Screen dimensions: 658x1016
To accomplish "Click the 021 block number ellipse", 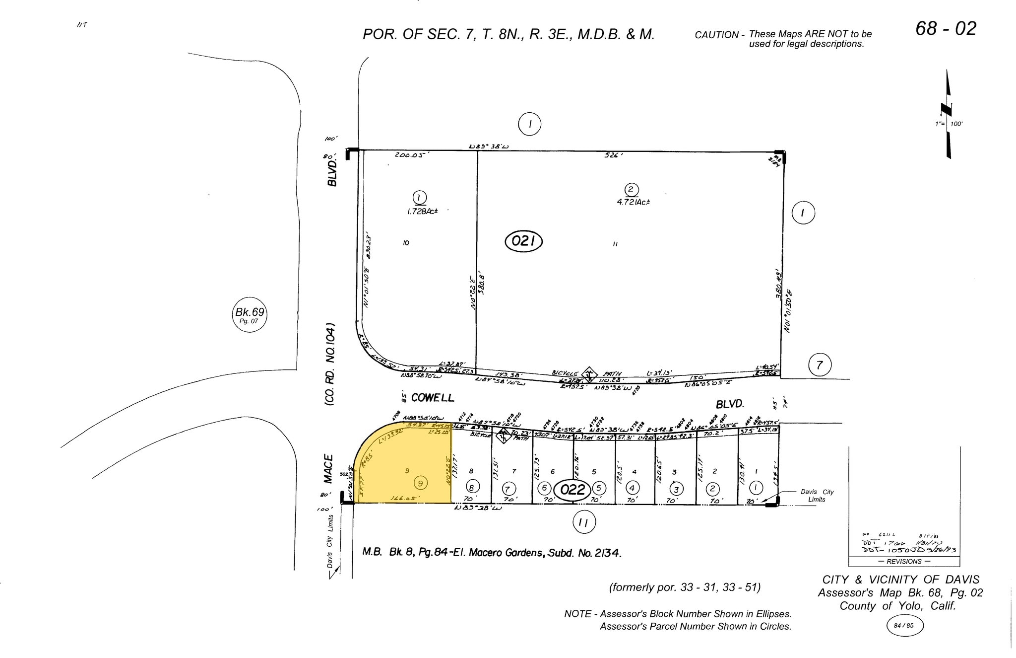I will (x=523, y=241).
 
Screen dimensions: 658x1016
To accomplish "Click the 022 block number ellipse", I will (x=572, y=490).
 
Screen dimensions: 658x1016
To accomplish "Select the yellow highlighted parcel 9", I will (x=407, y=472).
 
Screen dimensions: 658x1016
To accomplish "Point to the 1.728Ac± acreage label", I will (x=422, y=211).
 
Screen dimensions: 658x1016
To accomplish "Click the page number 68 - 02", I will (x=946, y=29).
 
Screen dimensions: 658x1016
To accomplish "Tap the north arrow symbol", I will (x=948, y=114).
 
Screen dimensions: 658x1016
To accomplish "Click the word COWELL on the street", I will (x=432, y=398).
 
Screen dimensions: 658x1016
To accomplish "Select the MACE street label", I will (x=328, y=468).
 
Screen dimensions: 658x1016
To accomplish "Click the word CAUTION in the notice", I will (x=716, y=35).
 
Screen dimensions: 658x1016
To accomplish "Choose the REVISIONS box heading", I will (x=903, y=562).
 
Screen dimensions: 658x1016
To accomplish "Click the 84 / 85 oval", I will (x=904, y=626).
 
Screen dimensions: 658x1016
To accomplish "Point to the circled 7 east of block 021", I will (x=819, y=366).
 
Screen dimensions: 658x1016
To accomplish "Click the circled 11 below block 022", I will (x=584, y=522).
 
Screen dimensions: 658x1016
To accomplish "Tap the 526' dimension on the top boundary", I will (x=613, y=155).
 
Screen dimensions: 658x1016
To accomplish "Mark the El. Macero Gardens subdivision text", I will (x=543, y=553).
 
